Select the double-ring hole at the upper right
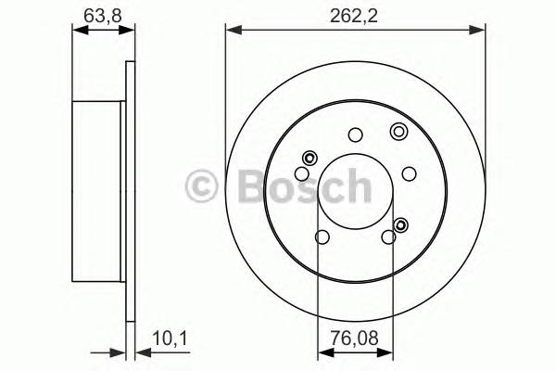(x=398, y=131)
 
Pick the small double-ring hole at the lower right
(x=401, y=224)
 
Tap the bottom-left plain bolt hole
(x=322, y=238)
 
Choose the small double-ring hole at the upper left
(x=310, y=157)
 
